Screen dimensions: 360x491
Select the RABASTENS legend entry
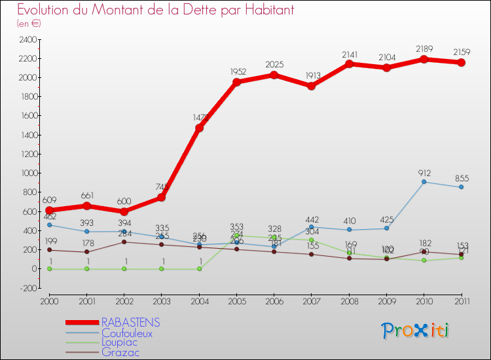131,323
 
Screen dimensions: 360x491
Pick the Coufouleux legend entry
126,333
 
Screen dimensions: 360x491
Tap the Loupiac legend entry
120,342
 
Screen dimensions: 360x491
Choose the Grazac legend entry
120,352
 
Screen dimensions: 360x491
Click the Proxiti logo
416,331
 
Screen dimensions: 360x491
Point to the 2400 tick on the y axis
27,39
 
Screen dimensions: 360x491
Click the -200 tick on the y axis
27,288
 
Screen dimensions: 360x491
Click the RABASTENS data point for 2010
424,59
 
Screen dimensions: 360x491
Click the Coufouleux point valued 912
424,181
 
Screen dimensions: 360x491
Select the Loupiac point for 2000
49,268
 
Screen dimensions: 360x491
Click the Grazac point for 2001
86,252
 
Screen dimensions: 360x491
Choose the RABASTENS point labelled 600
124,211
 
